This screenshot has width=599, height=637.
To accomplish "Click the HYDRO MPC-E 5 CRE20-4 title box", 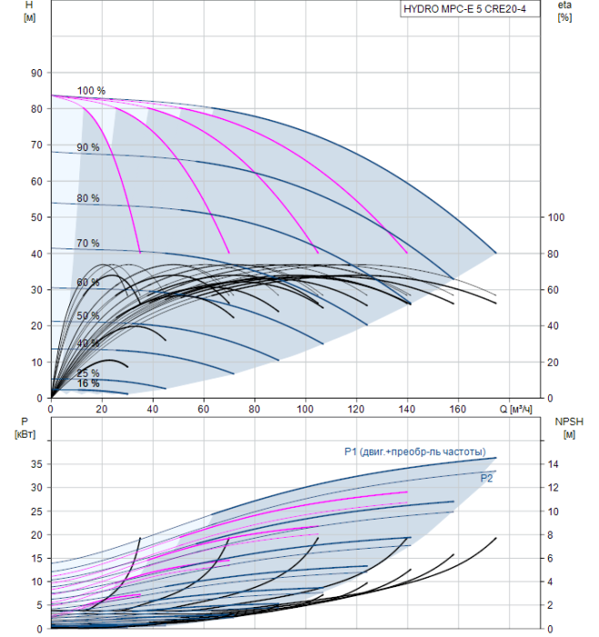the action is pyautogui.click(x=470, y=9).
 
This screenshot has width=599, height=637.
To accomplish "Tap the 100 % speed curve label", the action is pyautogui.click(x=91, y=91).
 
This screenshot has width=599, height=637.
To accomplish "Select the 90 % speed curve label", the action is pyautogui.click(x=87, y=147).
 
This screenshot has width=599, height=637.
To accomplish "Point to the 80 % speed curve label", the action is pyautogui.click(x=87, y=198).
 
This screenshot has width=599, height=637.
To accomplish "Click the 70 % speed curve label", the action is pyautogui.click(x=87, y=243).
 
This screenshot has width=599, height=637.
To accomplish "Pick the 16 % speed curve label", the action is pyautogui.click(x=88, y=383).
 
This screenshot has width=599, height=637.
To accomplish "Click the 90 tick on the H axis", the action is pyautogui.click(x=36, y=73).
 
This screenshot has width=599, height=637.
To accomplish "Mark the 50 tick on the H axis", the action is pyautogui.click(x=36, y=217).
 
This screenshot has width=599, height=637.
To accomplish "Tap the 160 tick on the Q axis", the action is pyautogui.click(x=458, y=409).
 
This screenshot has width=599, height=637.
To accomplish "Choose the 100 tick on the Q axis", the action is pyautogui.click(x=305, y=409).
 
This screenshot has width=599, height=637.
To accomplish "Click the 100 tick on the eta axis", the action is pyautogui.click(x=556, y=217).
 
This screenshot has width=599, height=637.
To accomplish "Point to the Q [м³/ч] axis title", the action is pyautogui.click(x=515, y=409).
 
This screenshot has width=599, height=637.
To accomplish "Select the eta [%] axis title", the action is pyautogui.click(x=565, y=11).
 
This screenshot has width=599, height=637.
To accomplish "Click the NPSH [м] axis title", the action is pyautogui.click(x=569, y=428).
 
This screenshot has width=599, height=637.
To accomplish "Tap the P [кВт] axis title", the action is pyautogui.click(x=25, y=428).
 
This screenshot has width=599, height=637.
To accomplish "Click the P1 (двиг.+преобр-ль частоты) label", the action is pyautogui.click(x=415, y=451).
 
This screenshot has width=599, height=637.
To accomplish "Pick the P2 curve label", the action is pyautogui.click(x=486, y=478).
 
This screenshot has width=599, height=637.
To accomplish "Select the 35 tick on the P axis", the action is pyautogui.click(x=36, y=464).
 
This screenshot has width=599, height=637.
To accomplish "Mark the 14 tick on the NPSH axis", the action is pyautogui.click(x=553, y=464).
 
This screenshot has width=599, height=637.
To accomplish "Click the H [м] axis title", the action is pyautogui.click(x=29, y=11).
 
